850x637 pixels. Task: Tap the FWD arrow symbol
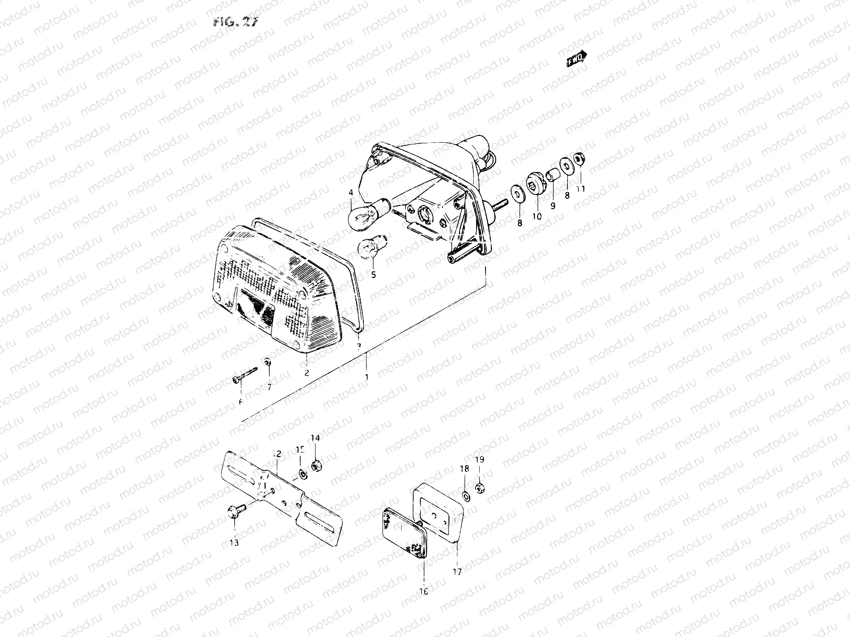coord(577,58)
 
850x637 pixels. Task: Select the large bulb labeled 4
coord(373,214)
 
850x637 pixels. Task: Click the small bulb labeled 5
coord(368,248)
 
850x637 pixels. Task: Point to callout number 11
coord(581,188)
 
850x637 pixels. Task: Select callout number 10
coord(536,217)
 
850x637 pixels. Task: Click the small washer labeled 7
coord(268,362)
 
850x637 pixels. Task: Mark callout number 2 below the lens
coord(307,373)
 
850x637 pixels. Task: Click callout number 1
coord(365,376)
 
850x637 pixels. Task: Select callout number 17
coord(457,572)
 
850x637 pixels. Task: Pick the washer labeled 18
coord(465,496)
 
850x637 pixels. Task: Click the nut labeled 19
coord(479,487)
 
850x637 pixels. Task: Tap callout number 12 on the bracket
coord(277,454)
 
